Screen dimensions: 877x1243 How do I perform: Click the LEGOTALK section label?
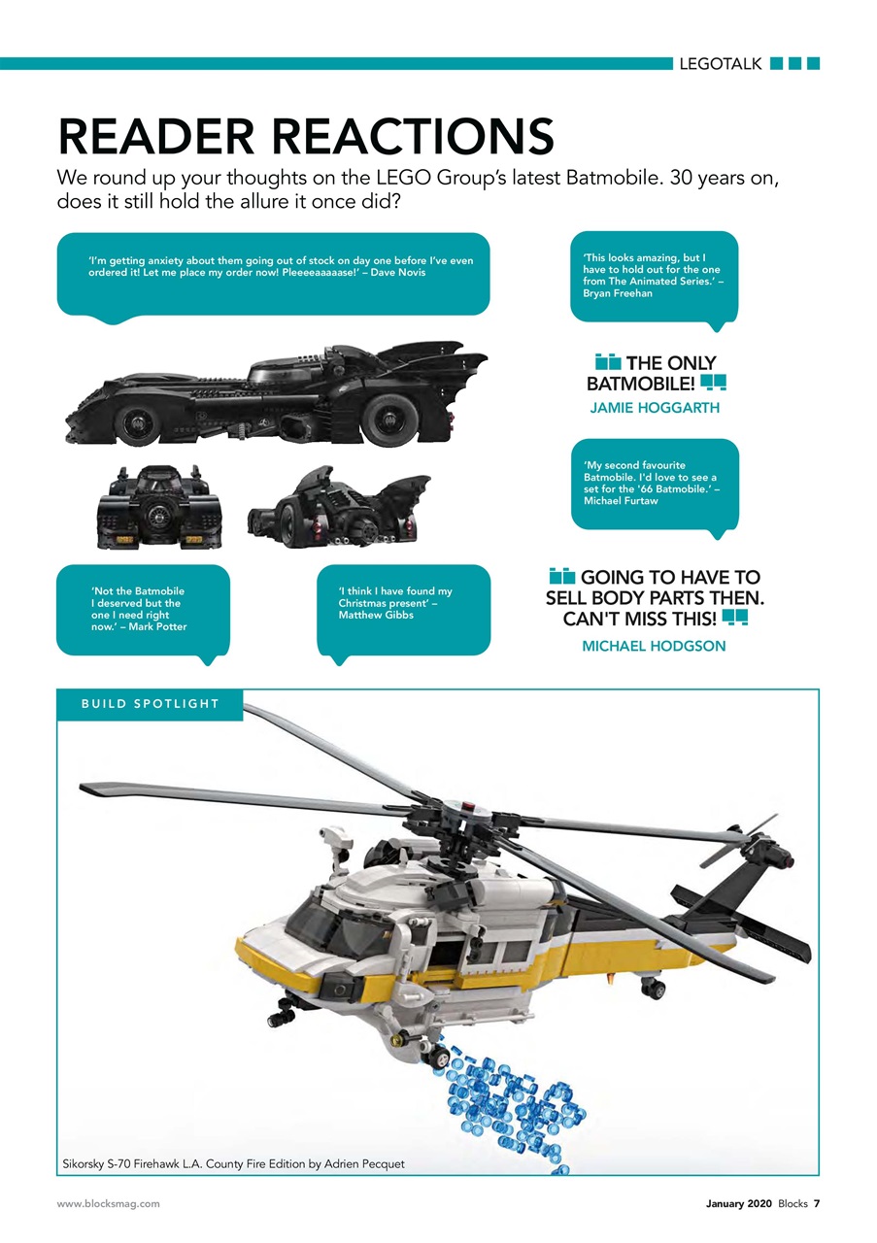tap(720, 64)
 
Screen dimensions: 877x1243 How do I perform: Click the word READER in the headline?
tap(156, 136)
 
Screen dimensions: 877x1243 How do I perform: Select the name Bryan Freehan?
tap(618, 293)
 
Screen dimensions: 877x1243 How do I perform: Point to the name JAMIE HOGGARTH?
tap(655, 408)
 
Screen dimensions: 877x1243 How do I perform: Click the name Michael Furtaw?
tap(621, 500)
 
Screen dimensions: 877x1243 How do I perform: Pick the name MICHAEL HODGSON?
tap(654, 646)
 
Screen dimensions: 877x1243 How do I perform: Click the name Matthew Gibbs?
tap(376, 615)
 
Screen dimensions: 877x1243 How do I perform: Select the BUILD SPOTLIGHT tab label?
tap(151, 704)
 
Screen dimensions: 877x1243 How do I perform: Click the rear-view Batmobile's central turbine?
tap(158, 518)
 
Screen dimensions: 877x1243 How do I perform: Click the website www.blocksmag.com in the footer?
tap(108, 1219)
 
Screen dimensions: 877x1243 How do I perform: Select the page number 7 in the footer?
tap(816, 1219)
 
